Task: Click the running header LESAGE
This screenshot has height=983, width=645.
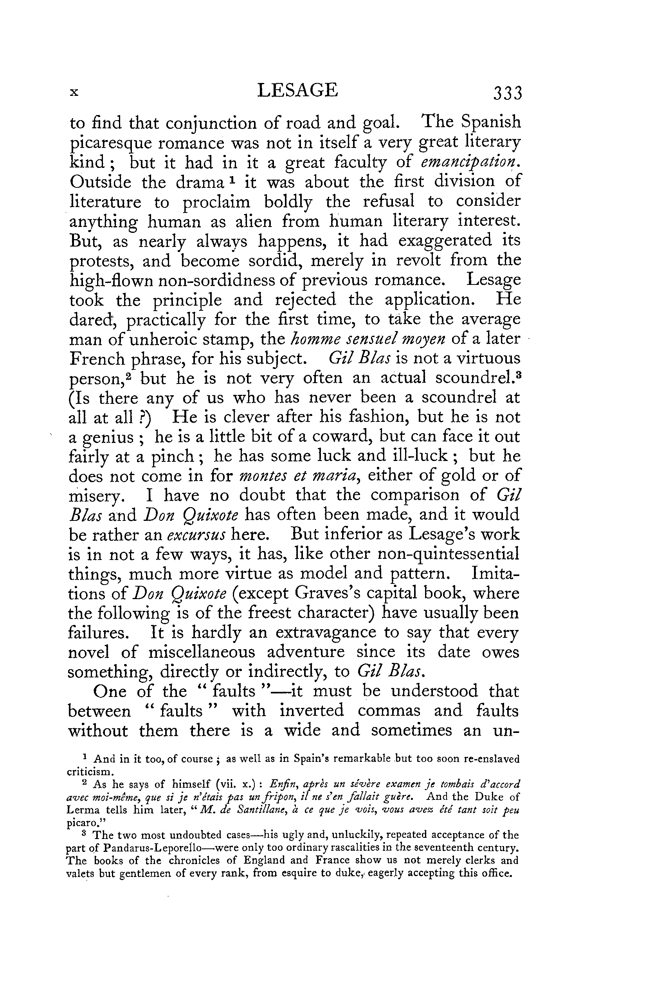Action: tap(297, 90)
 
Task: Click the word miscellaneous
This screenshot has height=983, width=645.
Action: tap(202, 653)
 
